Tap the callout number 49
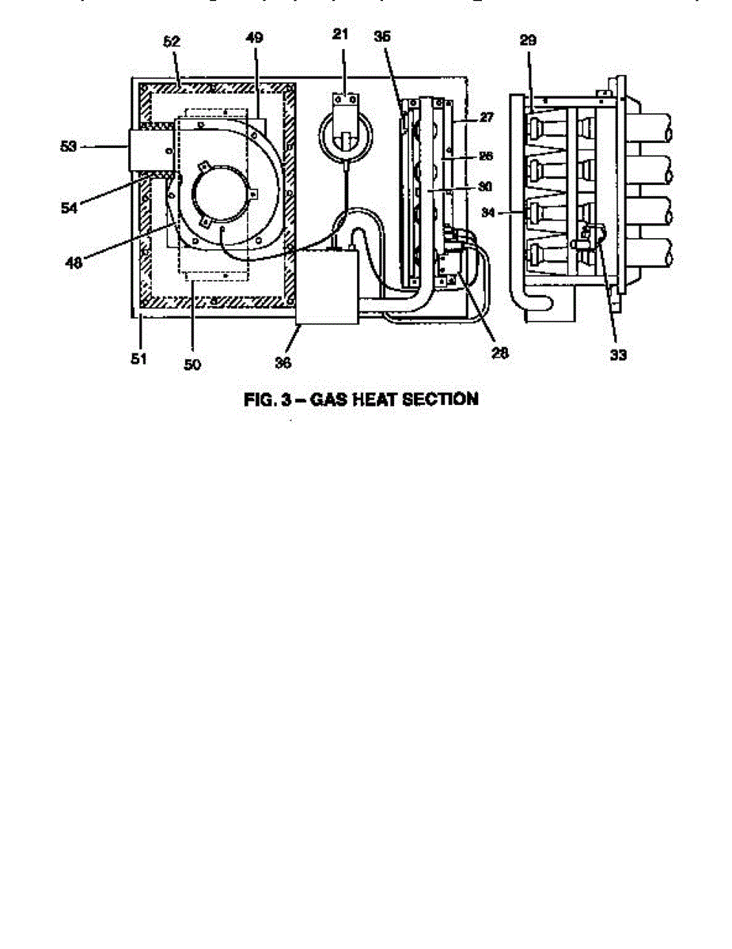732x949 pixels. point(255,38)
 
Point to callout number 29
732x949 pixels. point(529,40)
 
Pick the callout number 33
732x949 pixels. point(618,355)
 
